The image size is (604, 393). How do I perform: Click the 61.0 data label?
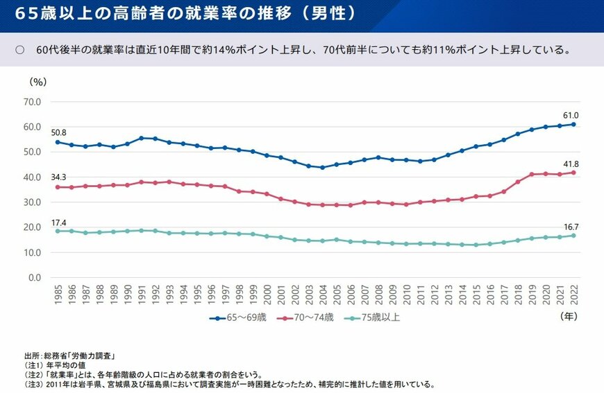pos(571,115)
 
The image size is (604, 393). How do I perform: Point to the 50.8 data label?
pos(58,132)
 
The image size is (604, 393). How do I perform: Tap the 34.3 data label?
pos(58,177)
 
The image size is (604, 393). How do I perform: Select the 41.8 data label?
pos(571,164)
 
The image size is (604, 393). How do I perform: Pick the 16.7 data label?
pos(571,226)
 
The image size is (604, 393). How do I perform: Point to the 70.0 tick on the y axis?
pos(32,102)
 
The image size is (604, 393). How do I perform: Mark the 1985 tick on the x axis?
pos(58,294)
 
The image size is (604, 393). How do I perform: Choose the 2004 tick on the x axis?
pos(322,294)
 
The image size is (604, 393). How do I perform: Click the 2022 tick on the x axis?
pos(573,294)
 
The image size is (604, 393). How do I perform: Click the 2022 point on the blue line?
pos(573,124)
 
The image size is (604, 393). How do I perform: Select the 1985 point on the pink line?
pos(58,187)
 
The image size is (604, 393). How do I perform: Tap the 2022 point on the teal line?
pos(573,236)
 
